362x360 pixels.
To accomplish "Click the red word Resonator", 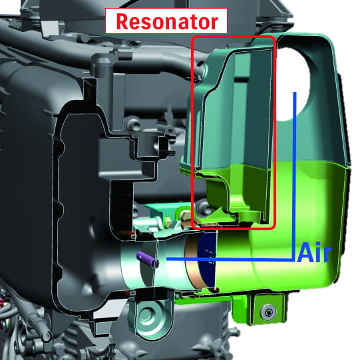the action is [x=167, y=21].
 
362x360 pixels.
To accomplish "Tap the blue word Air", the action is [x=314, y=252].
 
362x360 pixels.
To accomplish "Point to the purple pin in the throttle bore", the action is [x=148, y=260].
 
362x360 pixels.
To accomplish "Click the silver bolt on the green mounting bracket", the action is [x=268, y=313].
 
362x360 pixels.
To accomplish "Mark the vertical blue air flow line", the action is [x=295, y=176].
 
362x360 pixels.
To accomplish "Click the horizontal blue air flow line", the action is [x=230, y=260].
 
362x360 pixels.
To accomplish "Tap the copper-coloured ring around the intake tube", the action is [x=193, y=262].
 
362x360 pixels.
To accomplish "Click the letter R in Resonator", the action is [x=122, y=22].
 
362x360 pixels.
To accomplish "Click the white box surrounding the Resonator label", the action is [x=166, y=21].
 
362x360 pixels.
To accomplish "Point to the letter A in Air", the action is [x=305, y=252].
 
